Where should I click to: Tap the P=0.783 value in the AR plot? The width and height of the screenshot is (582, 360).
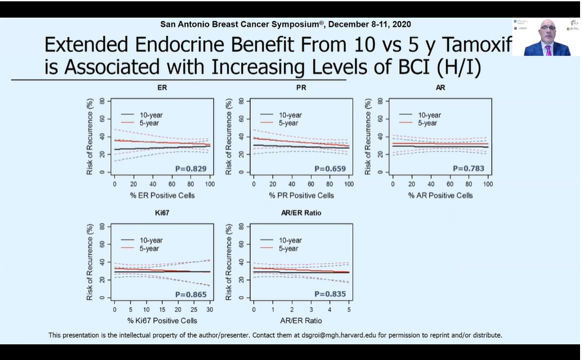[470, 169]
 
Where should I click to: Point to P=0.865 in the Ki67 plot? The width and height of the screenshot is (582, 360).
[191, 294]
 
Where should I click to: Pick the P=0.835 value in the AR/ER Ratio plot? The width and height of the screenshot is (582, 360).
[330, 294]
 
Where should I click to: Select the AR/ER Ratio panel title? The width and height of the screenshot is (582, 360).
[300, 212]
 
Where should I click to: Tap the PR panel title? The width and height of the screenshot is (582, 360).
[301, 87]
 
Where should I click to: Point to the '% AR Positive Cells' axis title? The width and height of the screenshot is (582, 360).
[441, 195]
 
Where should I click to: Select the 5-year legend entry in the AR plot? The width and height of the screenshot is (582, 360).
[428, 123]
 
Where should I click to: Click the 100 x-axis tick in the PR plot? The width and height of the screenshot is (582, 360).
[348, 185]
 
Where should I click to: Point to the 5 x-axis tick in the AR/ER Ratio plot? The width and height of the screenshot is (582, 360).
[349, 310]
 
